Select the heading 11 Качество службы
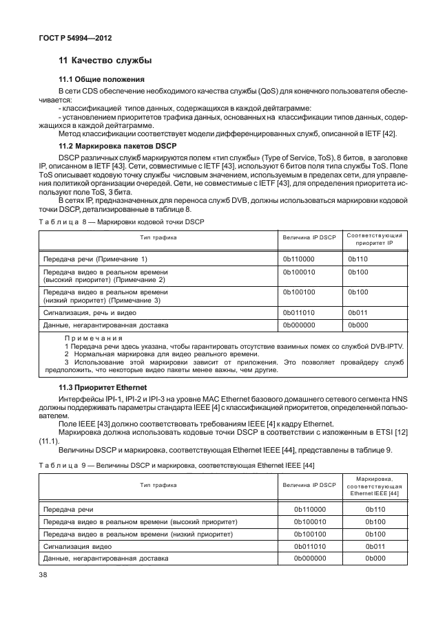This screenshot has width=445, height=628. tap(105, 61)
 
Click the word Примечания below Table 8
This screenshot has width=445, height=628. tap(93, 338)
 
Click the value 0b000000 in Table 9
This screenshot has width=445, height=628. tap(309, 558)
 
